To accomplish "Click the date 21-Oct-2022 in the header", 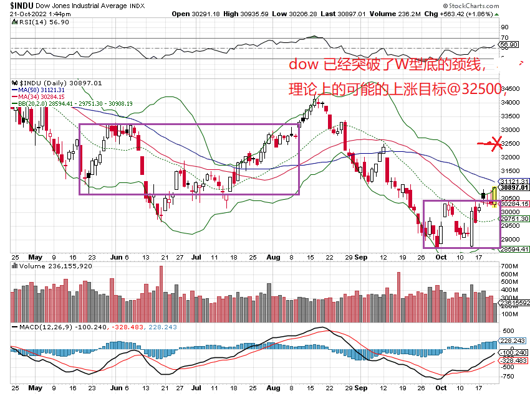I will coord(26,13).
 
